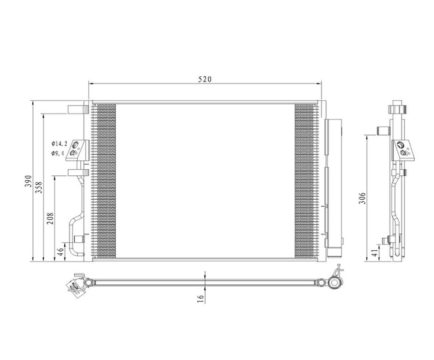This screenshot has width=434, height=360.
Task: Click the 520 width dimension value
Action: click(x=205, y=79)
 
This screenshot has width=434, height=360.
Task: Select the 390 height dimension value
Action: click(x=28, y=181)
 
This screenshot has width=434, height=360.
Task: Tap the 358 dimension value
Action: click(x=39, y=187)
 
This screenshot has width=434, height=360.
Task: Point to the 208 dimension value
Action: click(x=50, y=218)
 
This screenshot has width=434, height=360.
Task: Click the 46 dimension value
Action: click(x=61, y=251)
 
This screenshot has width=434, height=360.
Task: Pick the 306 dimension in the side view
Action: click(x=362, y=198)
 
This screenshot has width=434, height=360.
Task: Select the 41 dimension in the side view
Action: click(x=374, y=253)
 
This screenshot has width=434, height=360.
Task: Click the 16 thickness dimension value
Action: click(x=200, y=298)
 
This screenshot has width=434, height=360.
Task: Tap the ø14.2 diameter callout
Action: click(x=59, y=143)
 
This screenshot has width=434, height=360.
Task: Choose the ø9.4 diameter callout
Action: click(x=58, y=153)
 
